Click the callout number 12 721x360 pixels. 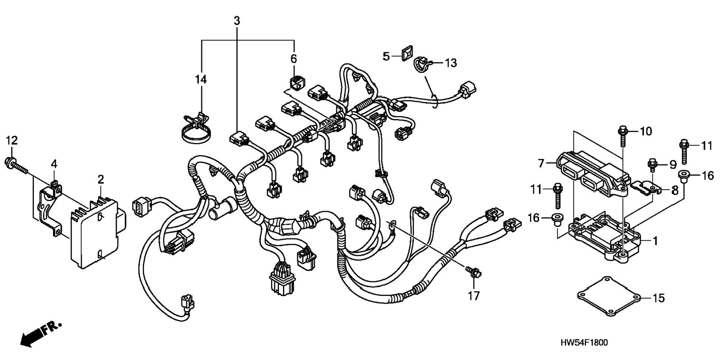(x=12, y=141)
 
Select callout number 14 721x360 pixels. (x=201, y=79)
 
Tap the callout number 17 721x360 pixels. (x=473, y=296)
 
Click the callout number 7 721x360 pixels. (x=541, y=163)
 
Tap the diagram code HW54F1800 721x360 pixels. (x=584, y=342)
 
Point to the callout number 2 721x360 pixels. (x=101, y=179)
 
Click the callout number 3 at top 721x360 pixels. (x=237, y=21)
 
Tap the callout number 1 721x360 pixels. (x=655, y=241)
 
